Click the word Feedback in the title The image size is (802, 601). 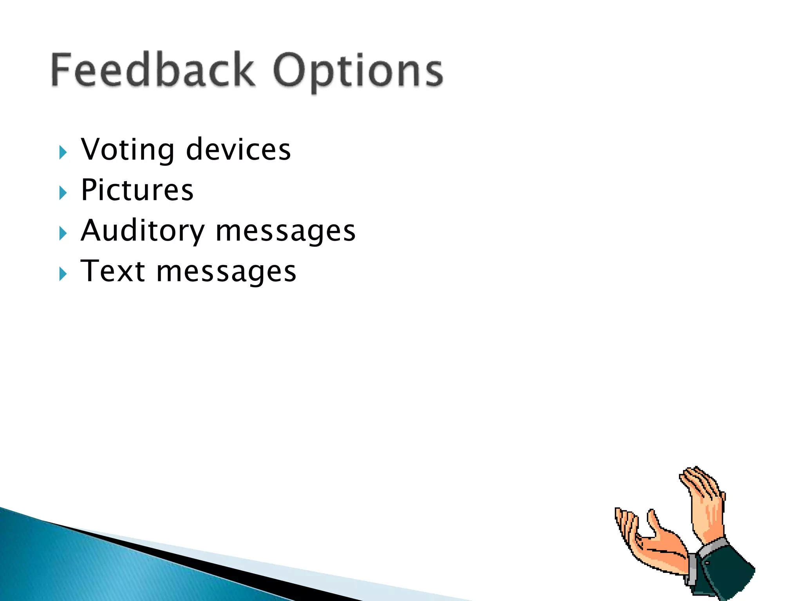153,70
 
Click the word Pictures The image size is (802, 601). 137,190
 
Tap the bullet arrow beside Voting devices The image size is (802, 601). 63,152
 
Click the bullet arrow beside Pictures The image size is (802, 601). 63,193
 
